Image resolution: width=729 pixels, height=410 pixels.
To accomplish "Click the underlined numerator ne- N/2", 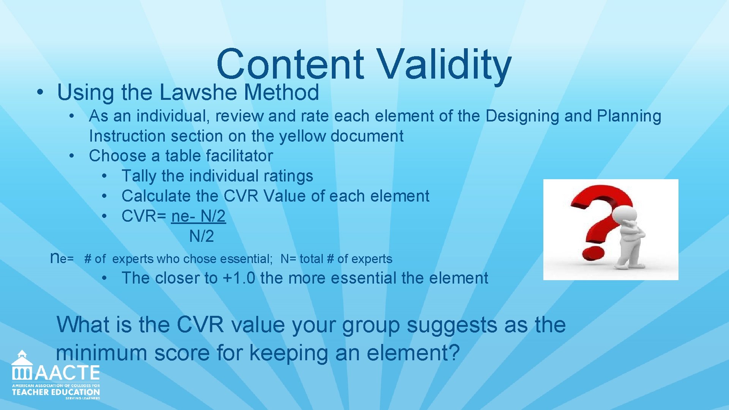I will pyautogui.click(x=198, y=216).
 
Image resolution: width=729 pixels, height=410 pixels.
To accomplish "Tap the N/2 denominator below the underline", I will pyautogui.click(x=201, y=236).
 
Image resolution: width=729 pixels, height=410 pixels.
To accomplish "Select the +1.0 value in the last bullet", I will pyautogui.click(x=239, y=278).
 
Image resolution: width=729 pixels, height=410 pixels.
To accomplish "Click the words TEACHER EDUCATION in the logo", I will pyautogui.click(x=56, y=392).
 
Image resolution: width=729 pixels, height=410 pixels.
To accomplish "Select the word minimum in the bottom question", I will pyautogui.click(x=102, y=353).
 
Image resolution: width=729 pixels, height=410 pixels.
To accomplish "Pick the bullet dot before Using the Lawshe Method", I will pyautogui.click(x=39, y=92).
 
